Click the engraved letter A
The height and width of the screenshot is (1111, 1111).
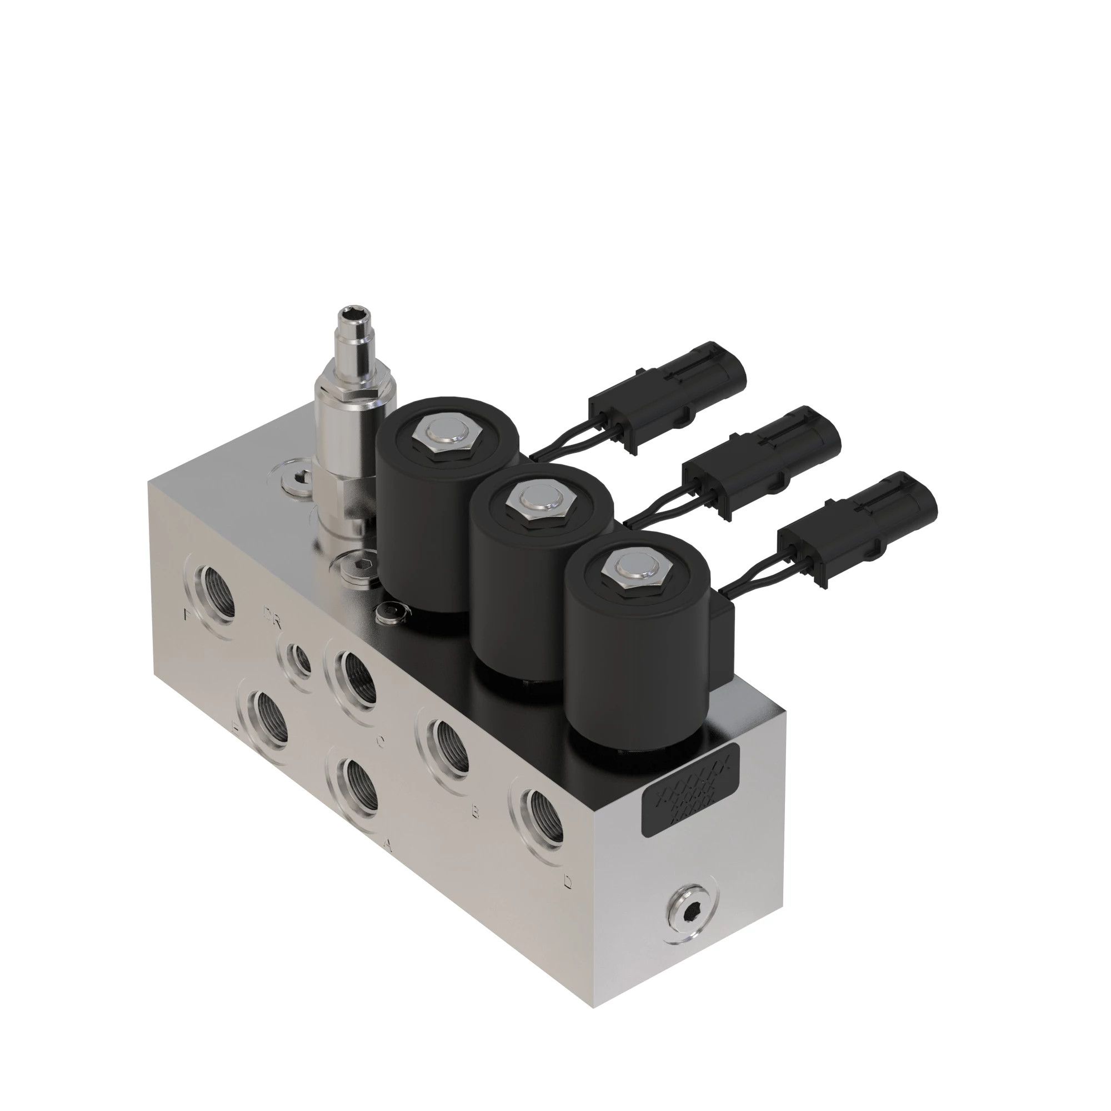(x=388, y=844)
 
